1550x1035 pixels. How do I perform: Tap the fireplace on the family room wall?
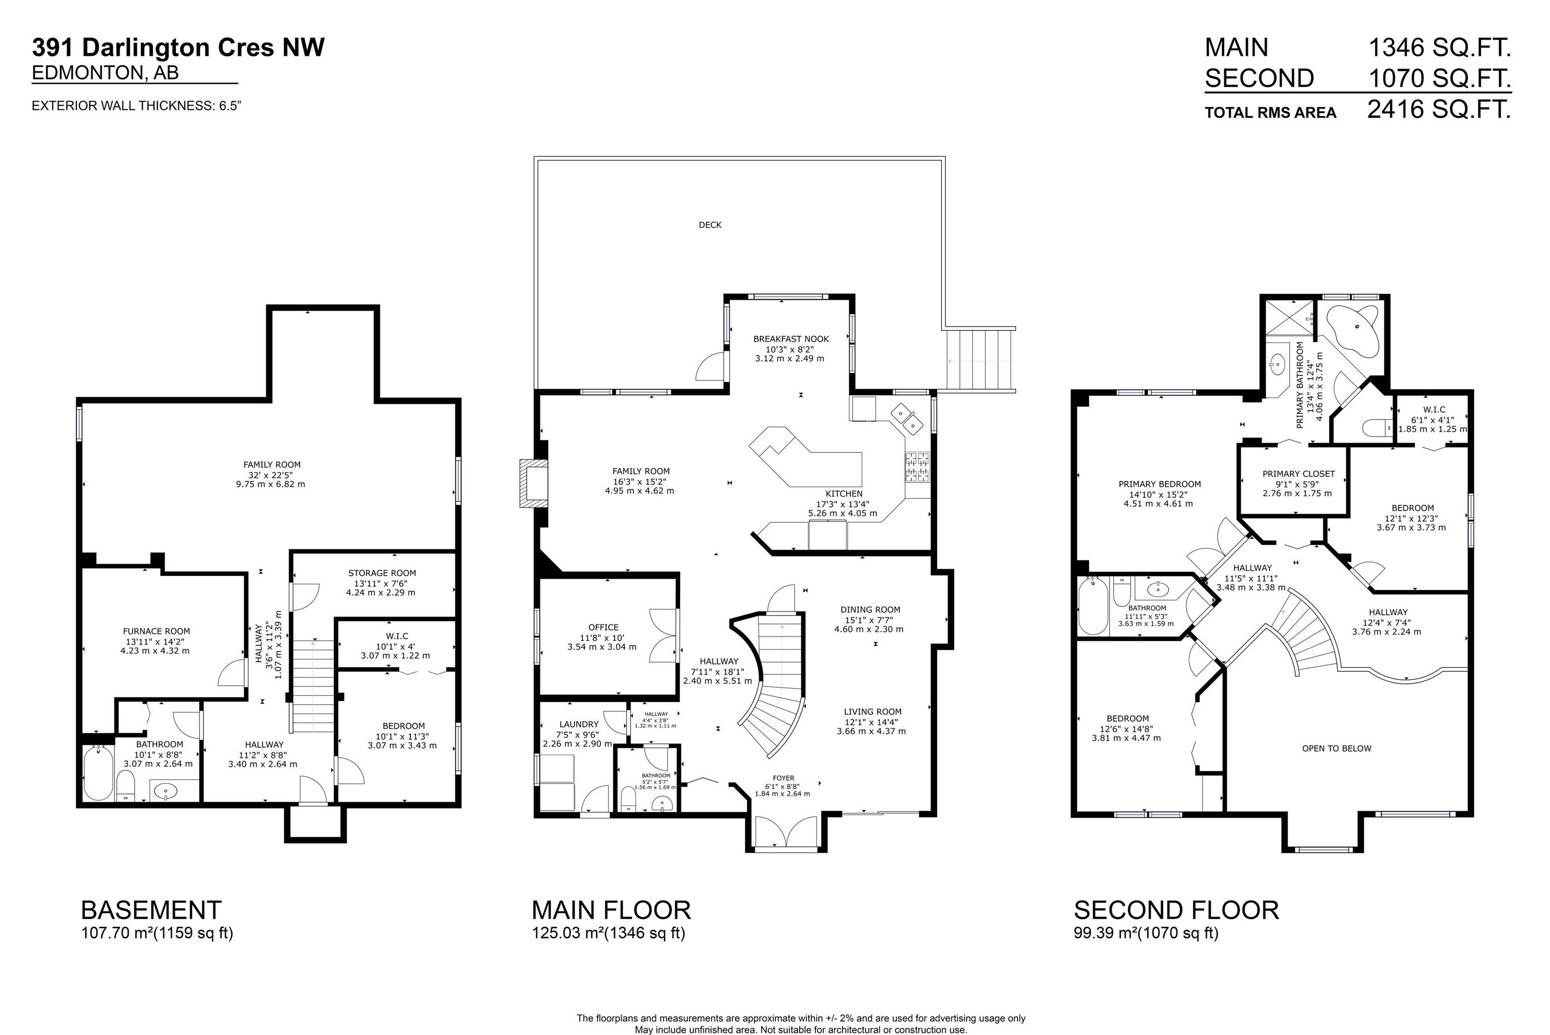[533, 483]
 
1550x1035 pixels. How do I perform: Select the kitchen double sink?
[906, 419]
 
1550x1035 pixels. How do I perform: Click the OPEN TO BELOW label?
[1336, 749]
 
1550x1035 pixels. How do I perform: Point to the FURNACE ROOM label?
[156, 631]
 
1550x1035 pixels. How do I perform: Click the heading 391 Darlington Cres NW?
[178, 47]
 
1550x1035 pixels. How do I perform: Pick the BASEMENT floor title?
[151, 910]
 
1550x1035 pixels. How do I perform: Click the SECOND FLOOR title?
[1176, 910]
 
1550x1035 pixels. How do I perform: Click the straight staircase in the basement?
[313, 686]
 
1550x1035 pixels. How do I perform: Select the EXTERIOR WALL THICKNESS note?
[137, 105]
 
